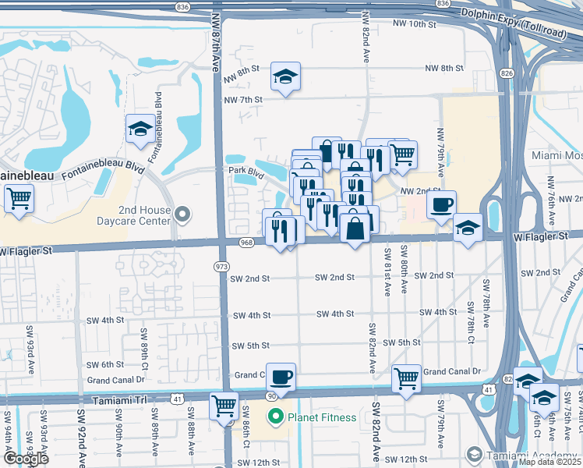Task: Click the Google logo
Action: pos(25,459)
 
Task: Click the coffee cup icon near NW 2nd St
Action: pos(441,204)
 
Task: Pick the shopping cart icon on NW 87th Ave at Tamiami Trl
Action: pos(224,405)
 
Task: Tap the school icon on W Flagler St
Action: pos(468,228)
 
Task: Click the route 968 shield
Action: pos(246,242)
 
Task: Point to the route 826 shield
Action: pos(507,73)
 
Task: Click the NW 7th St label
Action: pos(243,100)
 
